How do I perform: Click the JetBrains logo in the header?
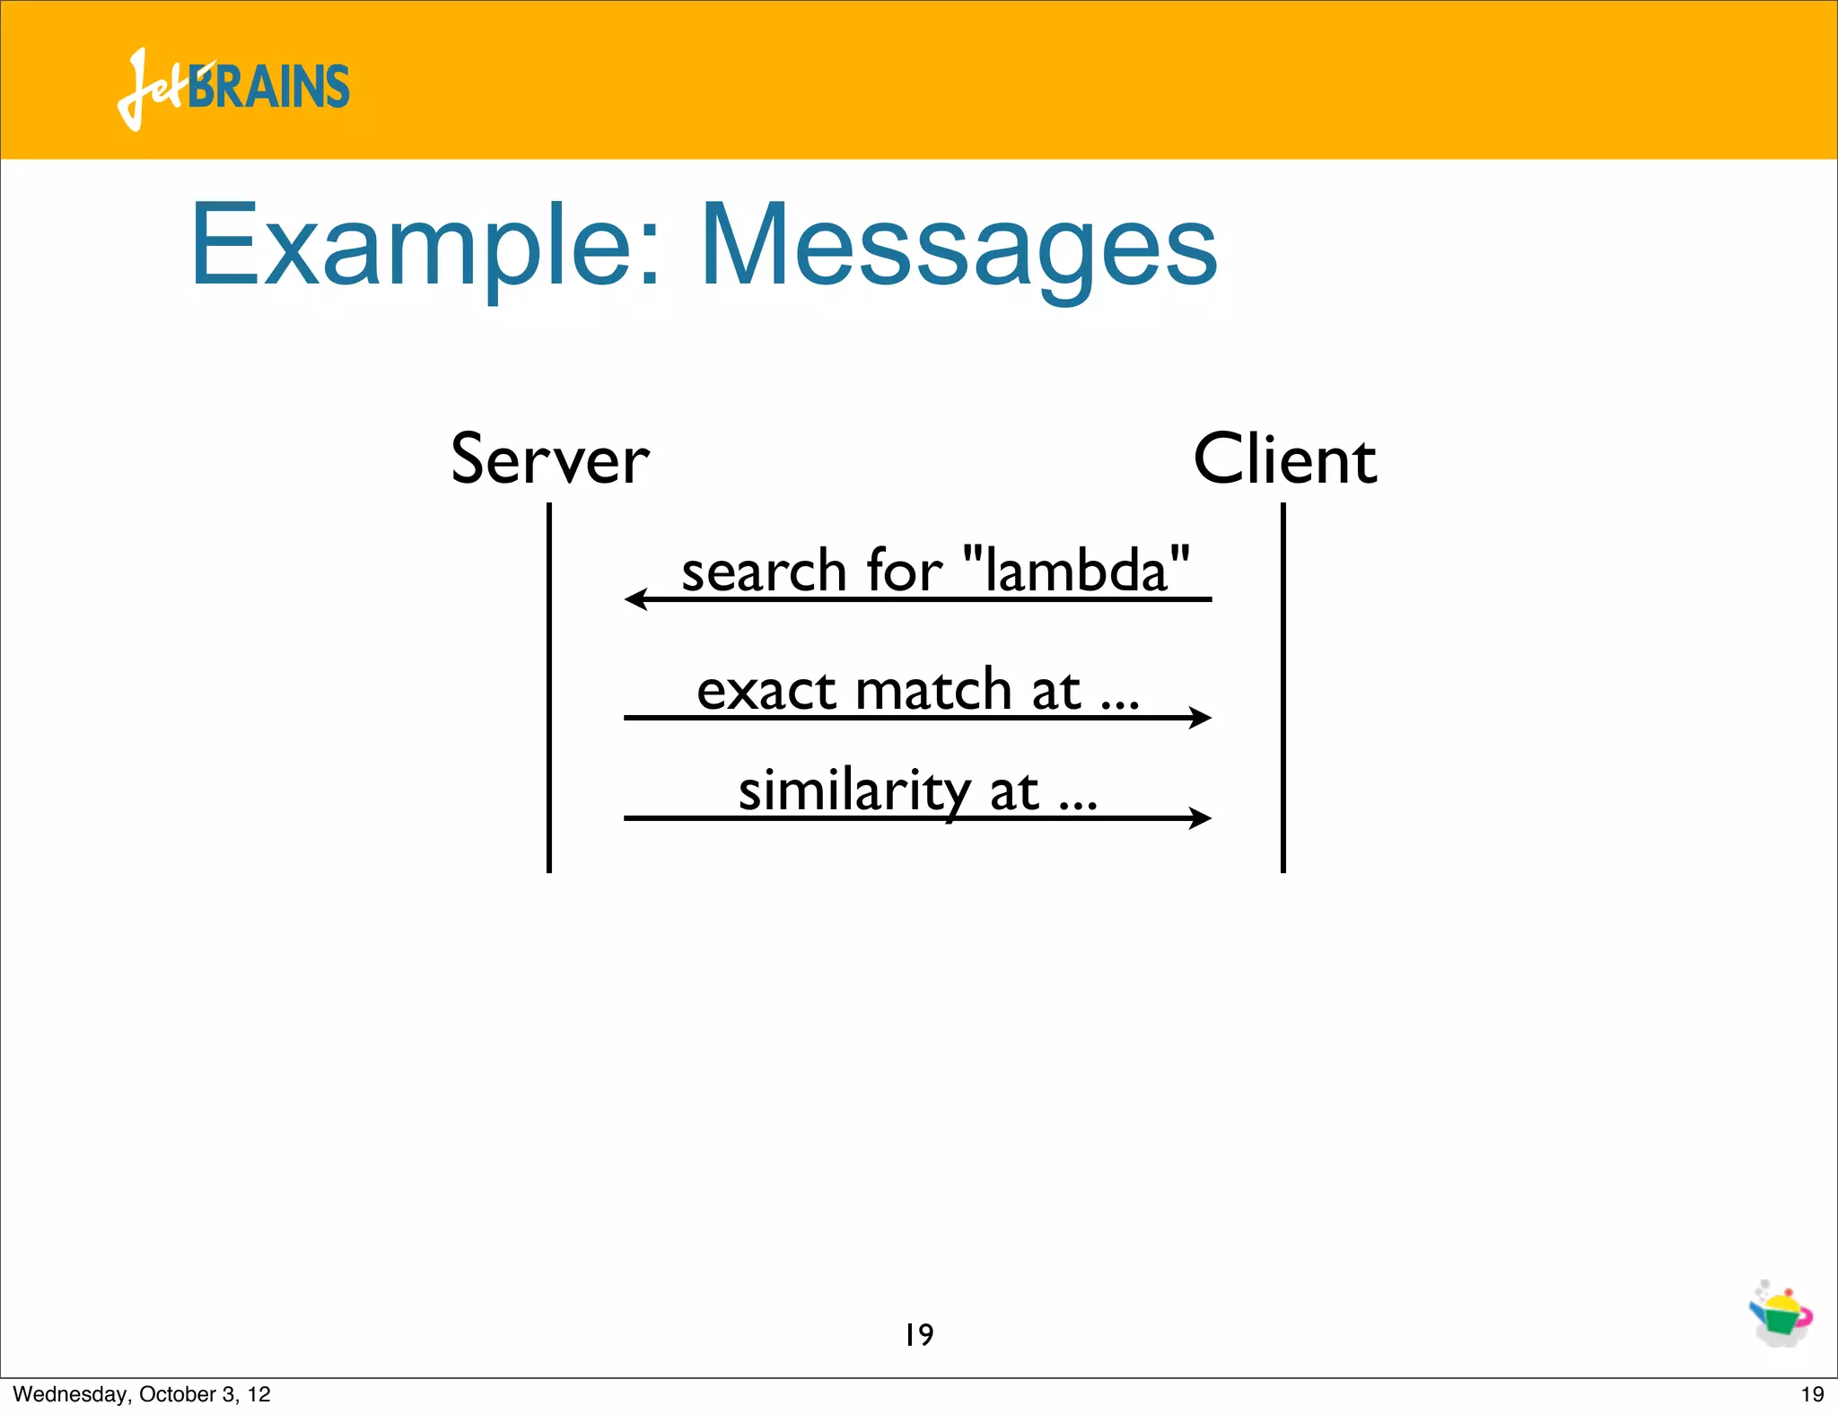233,88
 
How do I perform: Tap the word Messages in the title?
958,247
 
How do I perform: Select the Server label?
549,459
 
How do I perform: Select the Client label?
1284,459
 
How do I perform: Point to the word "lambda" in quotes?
1076,570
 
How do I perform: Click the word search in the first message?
764,572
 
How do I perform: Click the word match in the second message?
933,691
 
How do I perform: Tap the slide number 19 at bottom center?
919,1335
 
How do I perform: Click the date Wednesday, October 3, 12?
142,1394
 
